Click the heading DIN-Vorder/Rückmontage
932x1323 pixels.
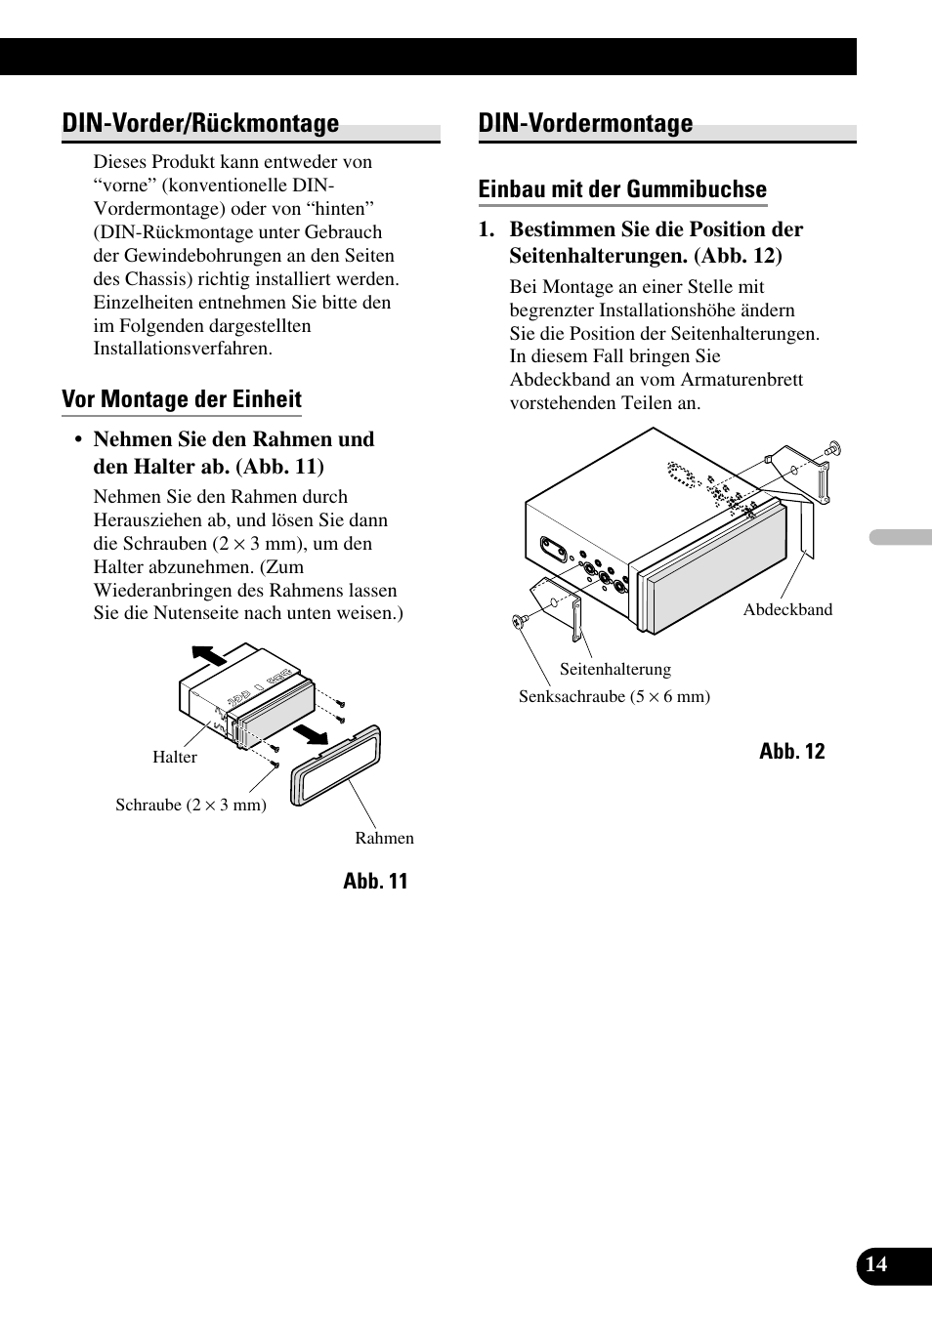(200, 124)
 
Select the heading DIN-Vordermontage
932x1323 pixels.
(585, 124)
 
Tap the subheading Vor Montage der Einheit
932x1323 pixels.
(182, 399)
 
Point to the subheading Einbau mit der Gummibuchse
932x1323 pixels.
(622, 189)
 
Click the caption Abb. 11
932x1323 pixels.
(375, 881)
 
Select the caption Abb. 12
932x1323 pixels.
(791, 751)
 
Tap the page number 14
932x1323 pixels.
(876, 1263)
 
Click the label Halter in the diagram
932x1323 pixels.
(175, 757)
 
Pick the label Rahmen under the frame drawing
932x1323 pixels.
(384, 838)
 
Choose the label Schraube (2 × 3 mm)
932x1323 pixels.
(191, 805)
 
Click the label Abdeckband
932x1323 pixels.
(787, 609)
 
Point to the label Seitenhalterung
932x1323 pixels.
(615, 669)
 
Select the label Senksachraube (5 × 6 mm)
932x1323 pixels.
(614, 696)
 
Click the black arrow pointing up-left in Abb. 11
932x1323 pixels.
(208, 655)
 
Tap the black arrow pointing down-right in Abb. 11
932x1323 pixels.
(313, 732)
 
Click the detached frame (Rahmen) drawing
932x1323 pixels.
(334, 767)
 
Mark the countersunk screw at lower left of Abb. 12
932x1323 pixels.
(518, 621)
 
